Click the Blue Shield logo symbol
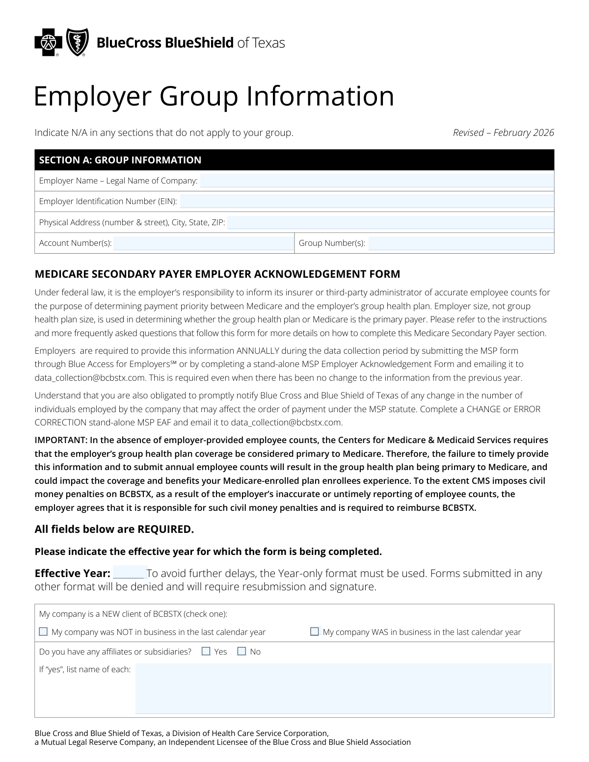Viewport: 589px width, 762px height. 77,43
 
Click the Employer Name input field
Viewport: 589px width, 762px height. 376,181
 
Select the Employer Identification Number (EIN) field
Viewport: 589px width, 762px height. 367,201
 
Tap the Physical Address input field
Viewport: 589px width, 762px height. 390,222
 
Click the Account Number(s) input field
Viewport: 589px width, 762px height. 203,243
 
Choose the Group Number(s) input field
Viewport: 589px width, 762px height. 461,243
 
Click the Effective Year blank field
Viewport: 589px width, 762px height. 129,573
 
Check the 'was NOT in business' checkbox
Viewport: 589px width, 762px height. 43,631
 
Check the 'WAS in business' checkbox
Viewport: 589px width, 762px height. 315,631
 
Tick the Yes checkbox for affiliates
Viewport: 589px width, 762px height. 206,651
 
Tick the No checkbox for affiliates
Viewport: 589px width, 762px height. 241,651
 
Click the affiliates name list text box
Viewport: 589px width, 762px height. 343,688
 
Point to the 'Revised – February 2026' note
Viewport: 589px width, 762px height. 503,132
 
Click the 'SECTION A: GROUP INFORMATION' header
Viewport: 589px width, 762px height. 120,160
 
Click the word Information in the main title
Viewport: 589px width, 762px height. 320,96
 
